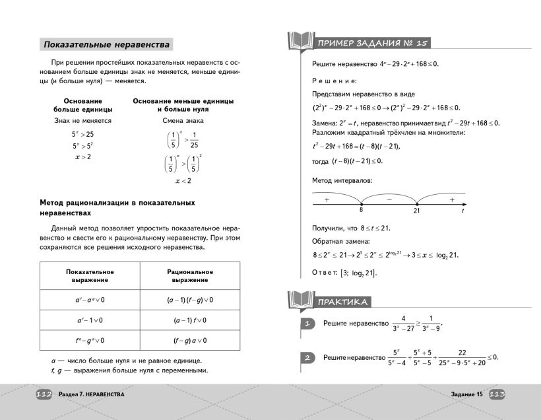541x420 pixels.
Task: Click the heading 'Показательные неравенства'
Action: coord(106,45)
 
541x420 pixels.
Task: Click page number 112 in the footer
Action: coord(44,394)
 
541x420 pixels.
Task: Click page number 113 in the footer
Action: coord(497,394)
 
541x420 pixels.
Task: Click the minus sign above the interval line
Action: coord(389,198)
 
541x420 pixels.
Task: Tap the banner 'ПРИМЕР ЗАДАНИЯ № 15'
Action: coord(373,44)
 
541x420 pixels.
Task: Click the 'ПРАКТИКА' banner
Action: coord(342,302)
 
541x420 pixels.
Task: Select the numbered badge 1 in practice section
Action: coord(307,324)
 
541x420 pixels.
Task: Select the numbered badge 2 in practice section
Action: coord(307,358)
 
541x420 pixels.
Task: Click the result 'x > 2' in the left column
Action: coord(82,157)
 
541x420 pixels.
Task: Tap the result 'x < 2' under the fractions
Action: coord(183,180)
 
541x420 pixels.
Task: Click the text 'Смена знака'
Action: coord(183,121)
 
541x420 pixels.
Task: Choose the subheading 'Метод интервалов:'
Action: coord(342,180)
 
